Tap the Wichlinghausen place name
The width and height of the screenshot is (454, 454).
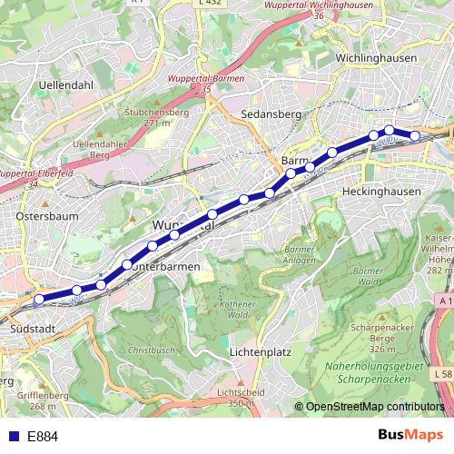click(374, 58)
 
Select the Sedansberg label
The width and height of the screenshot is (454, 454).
click(271, 114)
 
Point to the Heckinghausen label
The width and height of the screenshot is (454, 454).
click(381, 192)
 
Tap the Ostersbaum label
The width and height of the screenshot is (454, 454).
click(46, 217)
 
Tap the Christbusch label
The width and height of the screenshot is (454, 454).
click(150, 349)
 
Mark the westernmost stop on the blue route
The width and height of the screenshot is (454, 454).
click(39, 299)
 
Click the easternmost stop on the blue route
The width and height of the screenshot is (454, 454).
click(416, 136)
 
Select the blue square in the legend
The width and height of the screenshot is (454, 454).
click(12, 437)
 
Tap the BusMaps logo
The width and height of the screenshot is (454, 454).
click(408, 436)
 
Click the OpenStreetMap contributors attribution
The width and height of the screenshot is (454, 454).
click(374, 407)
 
